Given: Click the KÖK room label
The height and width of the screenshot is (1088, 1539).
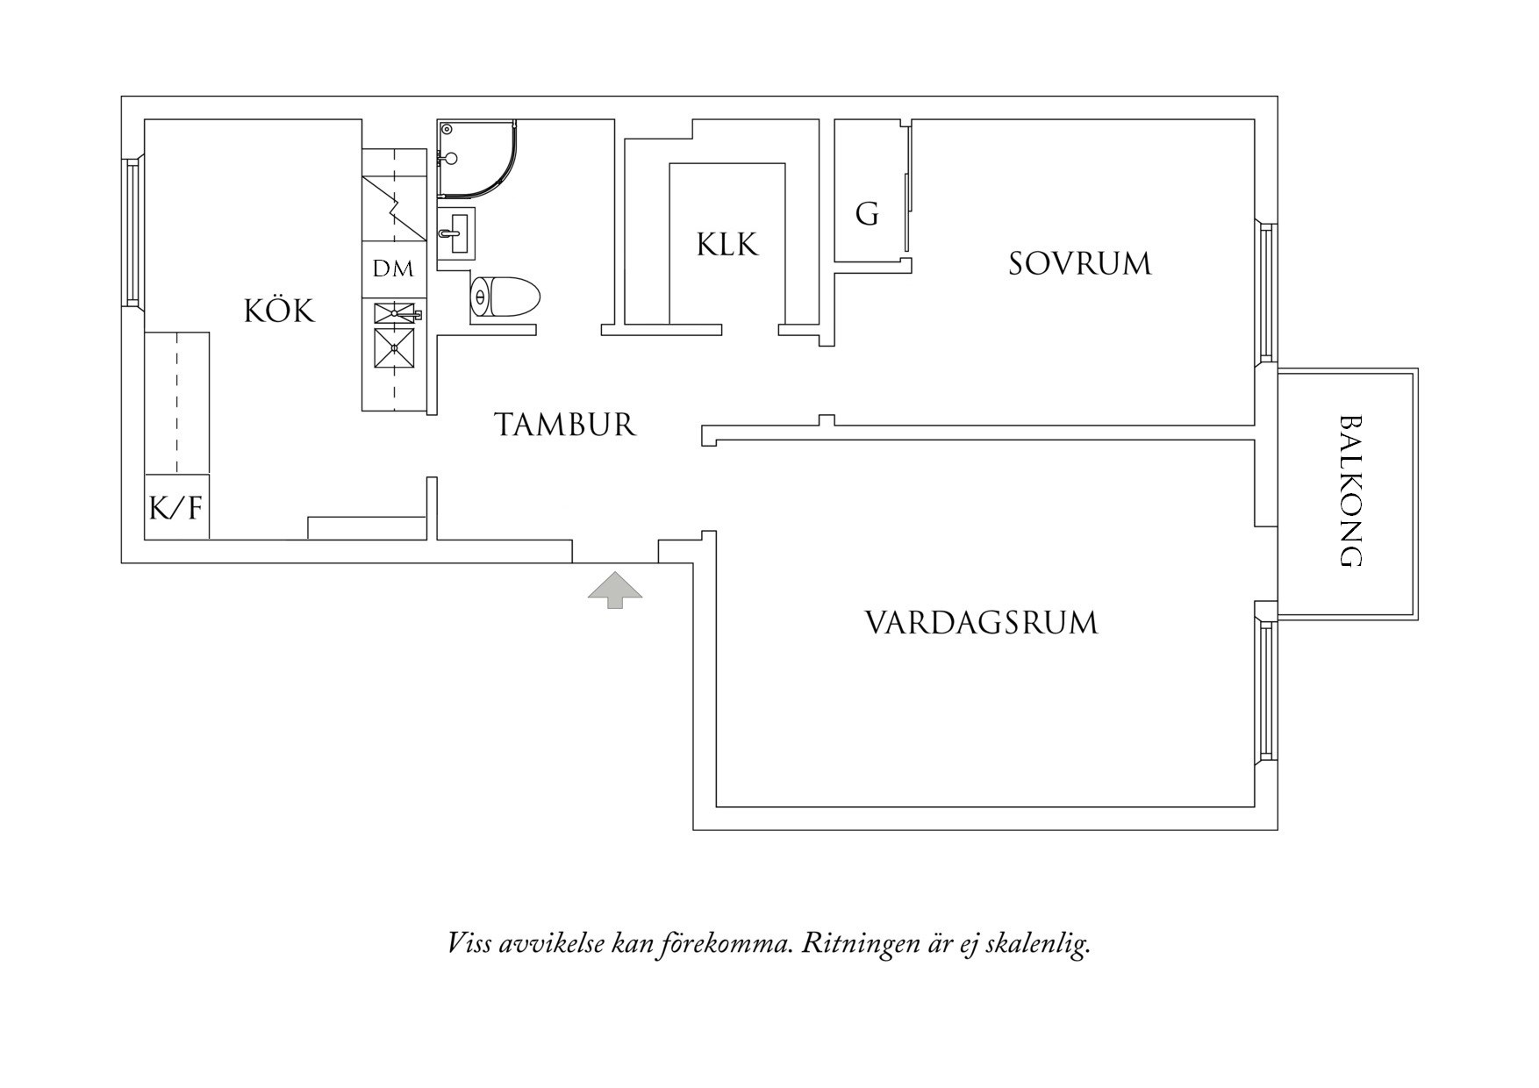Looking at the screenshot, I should click(x=279, y=311).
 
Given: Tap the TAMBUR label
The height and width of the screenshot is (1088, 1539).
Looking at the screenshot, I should click(x=565, y=425).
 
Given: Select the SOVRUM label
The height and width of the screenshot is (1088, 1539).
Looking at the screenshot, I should click(x=1078, y=264).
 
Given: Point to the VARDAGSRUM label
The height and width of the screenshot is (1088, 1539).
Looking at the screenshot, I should click(x=981, y=623).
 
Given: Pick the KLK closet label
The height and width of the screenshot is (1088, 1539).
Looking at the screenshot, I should click(x=727, y=245).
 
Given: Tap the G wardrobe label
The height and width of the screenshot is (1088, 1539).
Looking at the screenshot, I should click(x=867, y=214).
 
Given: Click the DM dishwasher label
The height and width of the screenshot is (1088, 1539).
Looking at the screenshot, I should click(x=393, y=269).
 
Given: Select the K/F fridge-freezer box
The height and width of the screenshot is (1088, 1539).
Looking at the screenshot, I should click(x=176, y=507).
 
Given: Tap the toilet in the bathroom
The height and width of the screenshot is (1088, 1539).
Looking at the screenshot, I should click(x=505, y=297).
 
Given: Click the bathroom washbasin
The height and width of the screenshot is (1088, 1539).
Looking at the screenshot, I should click(x=455, y=233).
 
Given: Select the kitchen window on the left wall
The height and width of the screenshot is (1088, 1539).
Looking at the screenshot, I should click(x=132, y=232).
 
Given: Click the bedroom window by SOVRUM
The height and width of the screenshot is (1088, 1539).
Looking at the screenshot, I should click(x=1265, y=291).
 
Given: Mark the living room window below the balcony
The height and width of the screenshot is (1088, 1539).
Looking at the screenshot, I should click(x=1265, y=690).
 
